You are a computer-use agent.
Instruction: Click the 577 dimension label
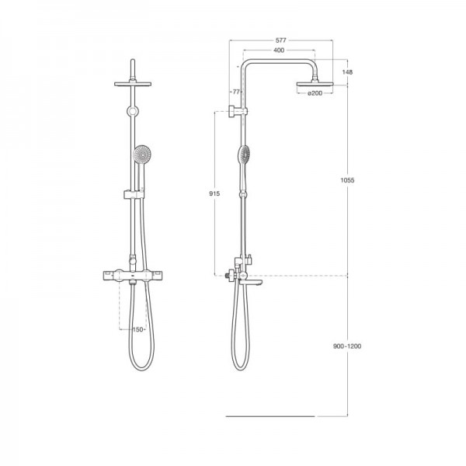(x=280, y=40)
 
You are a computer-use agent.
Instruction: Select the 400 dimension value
(x=279, y=50)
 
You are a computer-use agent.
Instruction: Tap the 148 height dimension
(x=347, y=72)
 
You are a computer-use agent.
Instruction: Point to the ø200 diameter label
(x=315, y=93)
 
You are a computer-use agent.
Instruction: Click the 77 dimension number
(x=236, y=92)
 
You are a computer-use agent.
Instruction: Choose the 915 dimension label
(x=214, y=193)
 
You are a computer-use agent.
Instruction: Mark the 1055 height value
(x=347, y=180)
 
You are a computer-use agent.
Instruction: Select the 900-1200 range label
(x=347, y=346)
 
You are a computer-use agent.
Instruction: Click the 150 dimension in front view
(x=137, y=329)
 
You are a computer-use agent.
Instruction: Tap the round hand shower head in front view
(x=142, y=155)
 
